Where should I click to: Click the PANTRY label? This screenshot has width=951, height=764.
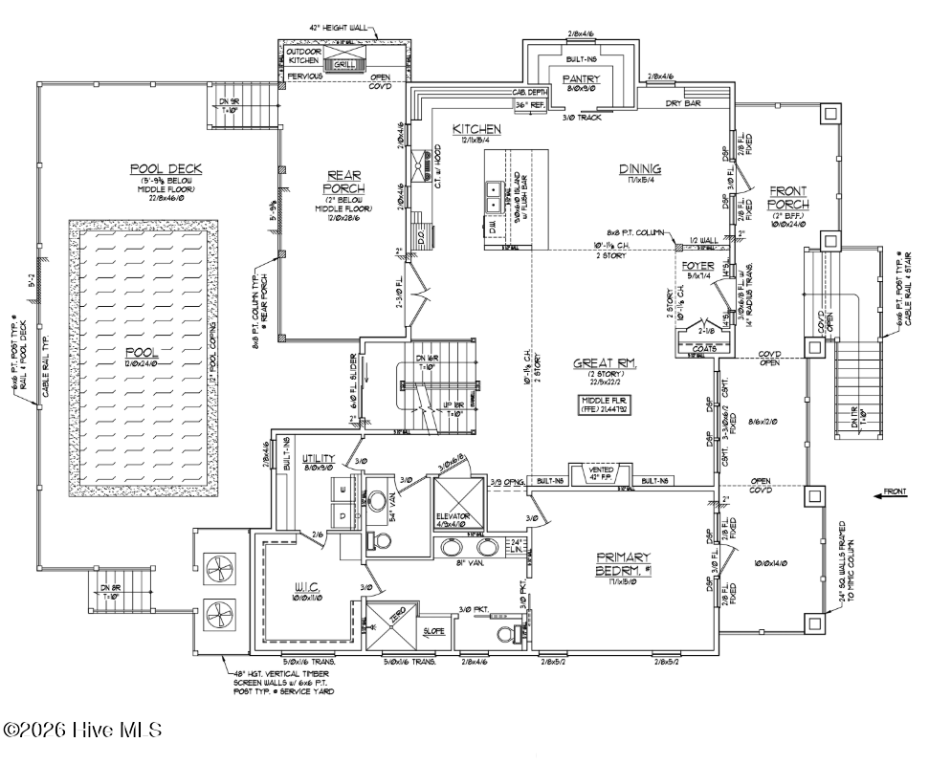[x=581, y=78]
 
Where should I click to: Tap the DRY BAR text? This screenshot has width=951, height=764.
[x=686, y=103]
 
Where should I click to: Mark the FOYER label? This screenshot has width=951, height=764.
[x=697, y=264]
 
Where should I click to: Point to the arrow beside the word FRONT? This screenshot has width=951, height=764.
[x=886, y=494]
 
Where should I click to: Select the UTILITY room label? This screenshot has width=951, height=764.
[x=319, y=459]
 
